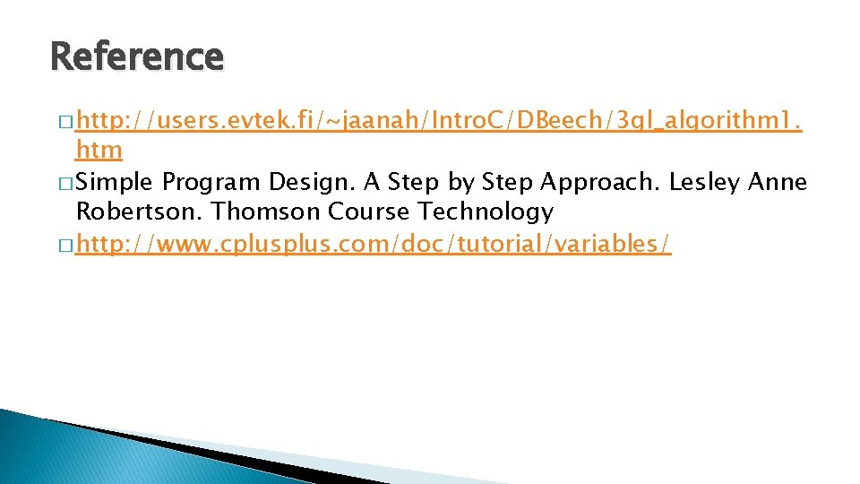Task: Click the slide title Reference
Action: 137,56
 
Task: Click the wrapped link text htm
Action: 99,150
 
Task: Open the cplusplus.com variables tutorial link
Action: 373,242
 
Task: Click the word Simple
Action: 116,182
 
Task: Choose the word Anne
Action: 779,182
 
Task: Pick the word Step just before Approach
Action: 508,182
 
